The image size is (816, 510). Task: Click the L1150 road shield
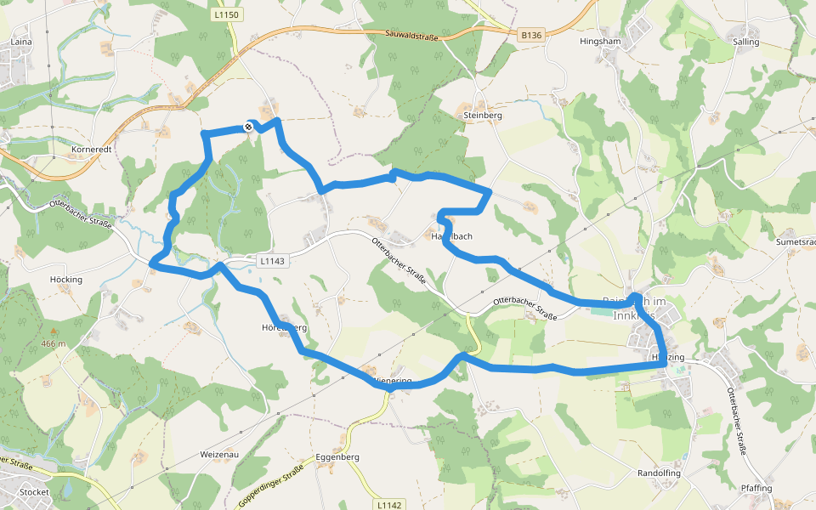coord(228,15)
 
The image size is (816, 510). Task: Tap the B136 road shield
coord(531,35)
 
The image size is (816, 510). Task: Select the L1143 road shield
coord(273,261)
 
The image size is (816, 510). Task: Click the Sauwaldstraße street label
coord(411,33)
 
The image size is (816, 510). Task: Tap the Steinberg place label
coord(483,115)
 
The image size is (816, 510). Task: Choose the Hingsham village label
coord(600,41)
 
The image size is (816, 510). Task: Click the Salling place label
coord(745,41)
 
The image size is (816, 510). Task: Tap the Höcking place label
coord(66,280)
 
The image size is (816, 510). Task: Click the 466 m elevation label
coord(53,343)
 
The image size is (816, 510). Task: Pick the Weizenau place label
coord(219,455)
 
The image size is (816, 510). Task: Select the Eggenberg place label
coord(337,456)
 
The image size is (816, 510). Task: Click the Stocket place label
coord(34,492)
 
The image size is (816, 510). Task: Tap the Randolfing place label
coord(660,473)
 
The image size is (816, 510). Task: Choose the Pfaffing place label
coord(756,488)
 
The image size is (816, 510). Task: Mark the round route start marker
coord(248,127)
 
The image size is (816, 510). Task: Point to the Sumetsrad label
coord(795,242)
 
